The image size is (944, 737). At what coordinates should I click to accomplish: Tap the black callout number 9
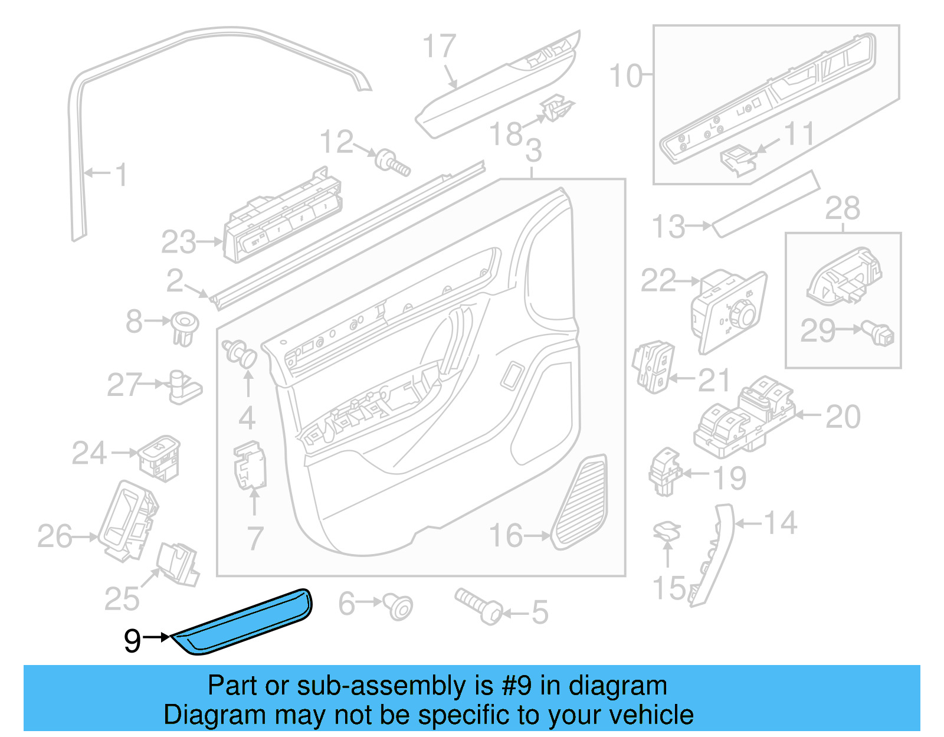coord(133,641)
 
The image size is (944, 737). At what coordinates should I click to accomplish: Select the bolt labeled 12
coord(394,162)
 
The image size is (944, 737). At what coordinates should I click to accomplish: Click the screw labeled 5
coord(478,607)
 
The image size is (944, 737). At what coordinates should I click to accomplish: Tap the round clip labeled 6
coord(399,606)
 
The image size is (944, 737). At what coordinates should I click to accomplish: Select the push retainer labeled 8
coord(185,328)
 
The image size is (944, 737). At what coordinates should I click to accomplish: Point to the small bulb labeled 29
coord(879,333)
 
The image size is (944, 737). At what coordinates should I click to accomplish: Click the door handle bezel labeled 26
coord(127,520)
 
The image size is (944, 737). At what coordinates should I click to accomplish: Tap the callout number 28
coord(843,208)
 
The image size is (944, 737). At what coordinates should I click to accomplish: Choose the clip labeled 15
coord(667,532)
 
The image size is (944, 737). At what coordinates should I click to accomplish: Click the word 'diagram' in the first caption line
coord(618,686)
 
